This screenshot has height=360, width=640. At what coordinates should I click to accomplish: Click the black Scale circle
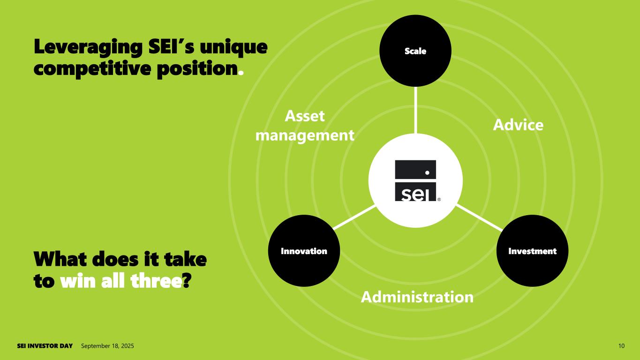click(x=415, y=51)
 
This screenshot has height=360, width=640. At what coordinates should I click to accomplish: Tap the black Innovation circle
click(x=304, y=251)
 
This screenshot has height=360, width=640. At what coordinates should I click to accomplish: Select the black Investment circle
click(x=532, y=251)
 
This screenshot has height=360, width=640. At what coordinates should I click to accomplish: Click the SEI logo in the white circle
click(x=415, y=180)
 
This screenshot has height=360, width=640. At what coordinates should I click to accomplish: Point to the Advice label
click(x=518, y=125)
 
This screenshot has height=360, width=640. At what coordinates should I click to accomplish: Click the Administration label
click(x=417, y=297)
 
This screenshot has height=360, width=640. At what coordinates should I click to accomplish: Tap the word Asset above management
click(x=305, y=116)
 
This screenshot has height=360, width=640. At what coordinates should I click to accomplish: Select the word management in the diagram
click(x=307, y=135)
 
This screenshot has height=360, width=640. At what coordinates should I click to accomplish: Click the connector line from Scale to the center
click(x=415, y=110)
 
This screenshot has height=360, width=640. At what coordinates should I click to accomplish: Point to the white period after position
click(x=241, y=73)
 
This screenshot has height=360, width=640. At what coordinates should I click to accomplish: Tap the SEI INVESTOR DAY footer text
click(x=45, y=346)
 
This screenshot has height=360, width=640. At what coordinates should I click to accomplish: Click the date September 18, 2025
click(x=107, y=346)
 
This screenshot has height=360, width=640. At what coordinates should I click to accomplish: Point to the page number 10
click(x=621, y=346)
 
